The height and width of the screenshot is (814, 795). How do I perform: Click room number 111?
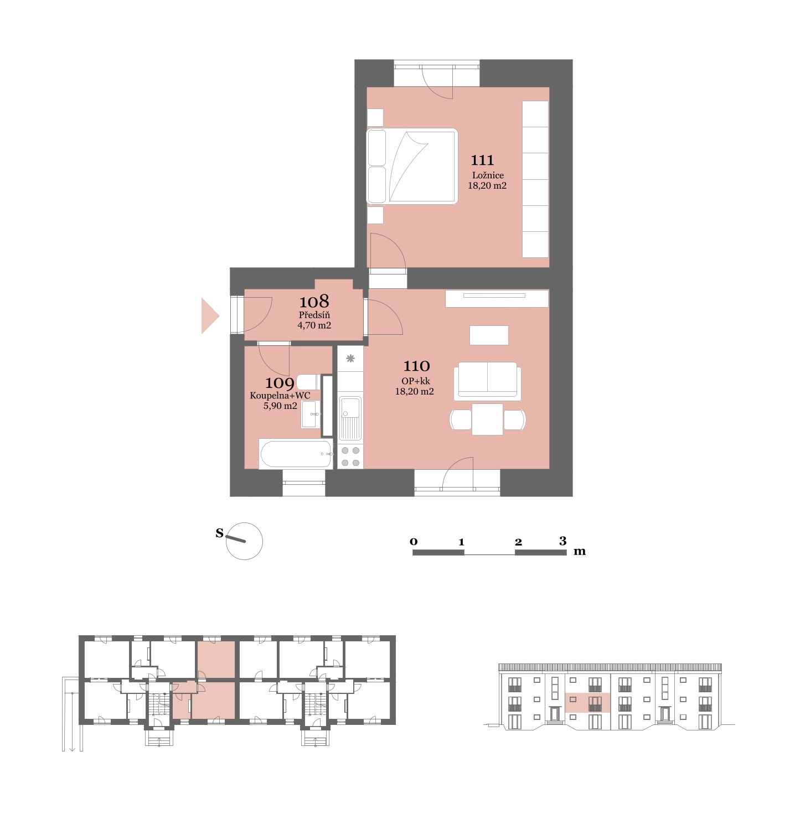point(482,160)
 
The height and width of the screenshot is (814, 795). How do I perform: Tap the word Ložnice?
point(487,175)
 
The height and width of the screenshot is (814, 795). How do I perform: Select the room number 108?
point(314,301)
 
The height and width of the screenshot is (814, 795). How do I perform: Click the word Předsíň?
point(314,314)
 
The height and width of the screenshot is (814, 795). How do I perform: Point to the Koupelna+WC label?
point(280,395)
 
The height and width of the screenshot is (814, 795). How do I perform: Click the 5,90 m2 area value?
point(280,405)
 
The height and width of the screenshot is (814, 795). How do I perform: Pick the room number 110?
point(416,366)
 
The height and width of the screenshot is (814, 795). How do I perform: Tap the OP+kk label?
point(415,381)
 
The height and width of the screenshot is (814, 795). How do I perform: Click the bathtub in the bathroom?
point(296,454)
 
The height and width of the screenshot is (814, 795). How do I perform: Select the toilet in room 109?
point(309,382)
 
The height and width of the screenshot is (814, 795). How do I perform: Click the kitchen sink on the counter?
point(350,418)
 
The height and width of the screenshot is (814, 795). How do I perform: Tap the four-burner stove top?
point(350,457)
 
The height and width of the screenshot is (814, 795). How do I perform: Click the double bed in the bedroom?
point(412,166)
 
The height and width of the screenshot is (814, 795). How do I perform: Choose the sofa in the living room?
point(487,380)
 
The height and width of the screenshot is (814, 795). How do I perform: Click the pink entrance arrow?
point(210,316)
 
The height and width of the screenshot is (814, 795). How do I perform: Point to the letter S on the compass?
point(219,533)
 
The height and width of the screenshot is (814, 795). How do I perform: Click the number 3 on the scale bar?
point(563,541)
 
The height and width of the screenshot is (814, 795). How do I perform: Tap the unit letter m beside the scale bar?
point(580,551)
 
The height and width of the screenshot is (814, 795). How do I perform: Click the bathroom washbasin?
point(309,414)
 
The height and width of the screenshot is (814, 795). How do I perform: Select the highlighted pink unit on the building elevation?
point(587,703)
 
